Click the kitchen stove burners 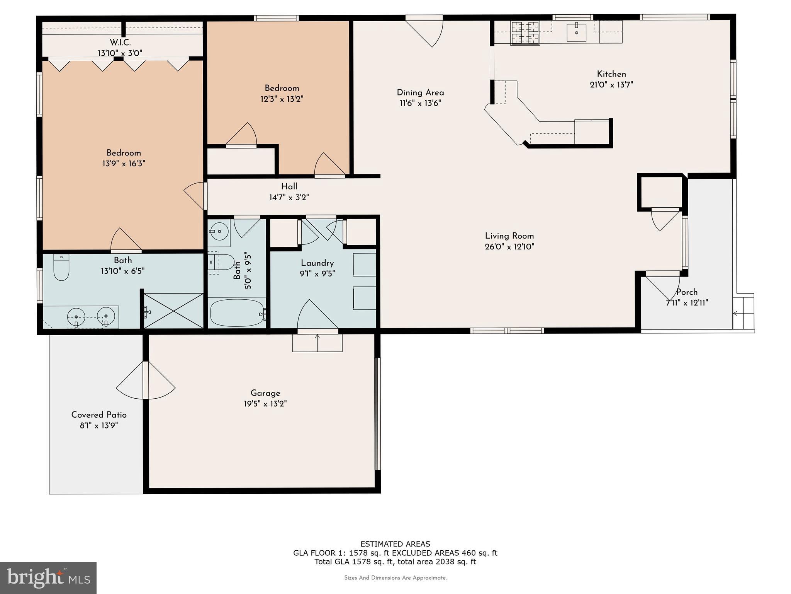525,33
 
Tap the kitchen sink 576,32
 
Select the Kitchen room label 611,74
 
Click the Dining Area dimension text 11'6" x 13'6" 420,103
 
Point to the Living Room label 509,236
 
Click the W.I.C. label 120,43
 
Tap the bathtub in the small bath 237,312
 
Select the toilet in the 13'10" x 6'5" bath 61,268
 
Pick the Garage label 265,393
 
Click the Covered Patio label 99,415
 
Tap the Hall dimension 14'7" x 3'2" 289,198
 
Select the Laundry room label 317,263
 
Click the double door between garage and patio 146,381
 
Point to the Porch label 687,292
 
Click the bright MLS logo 48,578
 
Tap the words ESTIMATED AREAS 395,544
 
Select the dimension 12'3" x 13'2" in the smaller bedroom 282,99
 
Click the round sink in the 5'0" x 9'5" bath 219,232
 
